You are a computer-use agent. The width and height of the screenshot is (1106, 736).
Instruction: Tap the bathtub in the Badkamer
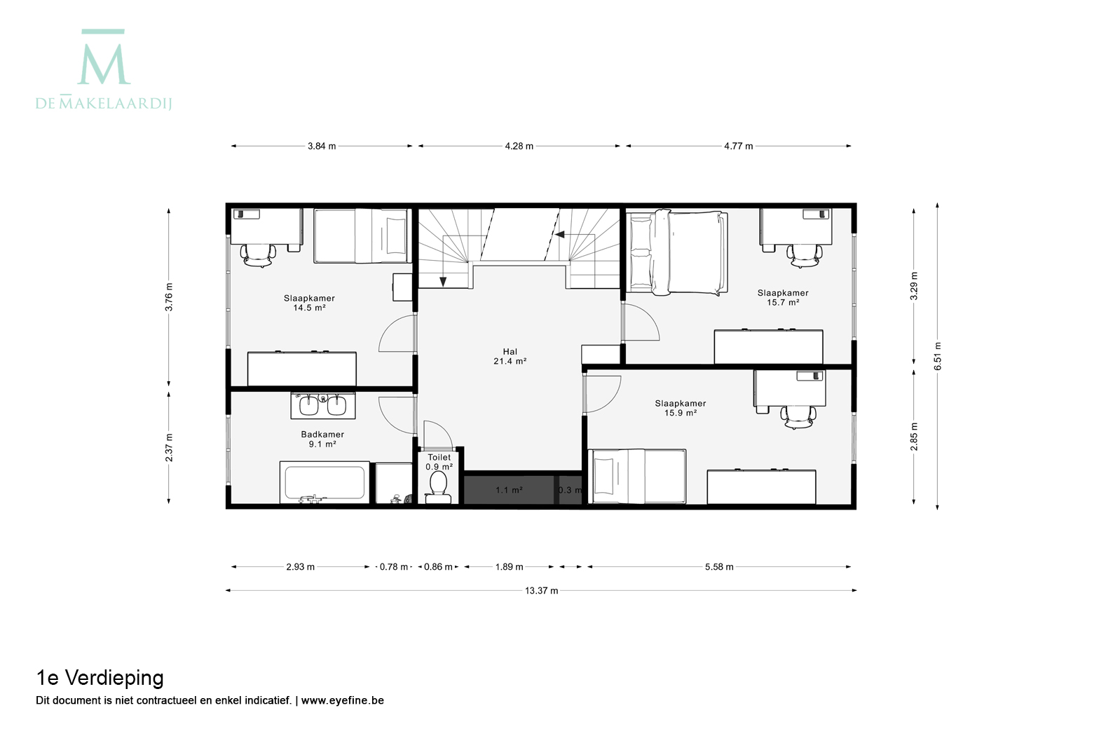(x=325, y=482)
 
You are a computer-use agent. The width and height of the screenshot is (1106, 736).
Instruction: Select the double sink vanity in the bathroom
(x=323, y=406)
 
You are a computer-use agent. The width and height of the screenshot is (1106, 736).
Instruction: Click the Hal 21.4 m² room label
(x=510, y=356)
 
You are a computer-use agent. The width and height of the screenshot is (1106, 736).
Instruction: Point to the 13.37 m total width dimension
(x=541, y=591)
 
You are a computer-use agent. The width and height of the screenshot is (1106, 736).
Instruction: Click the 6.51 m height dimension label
(x=938, y=355)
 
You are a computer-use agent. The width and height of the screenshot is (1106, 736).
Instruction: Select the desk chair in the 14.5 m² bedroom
(x=258, y=255)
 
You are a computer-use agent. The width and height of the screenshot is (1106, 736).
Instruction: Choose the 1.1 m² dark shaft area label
(x=509, y=490)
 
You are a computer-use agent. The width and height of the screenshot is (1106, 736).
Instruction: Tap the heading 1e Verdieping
(x=100, y=678)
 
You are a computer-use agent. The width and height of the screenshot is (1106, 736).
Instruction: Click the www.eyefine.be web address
(x=343, y=700)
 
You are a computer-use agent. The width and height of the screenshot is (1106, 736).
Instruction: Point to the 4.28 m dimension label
(x=519, y=146)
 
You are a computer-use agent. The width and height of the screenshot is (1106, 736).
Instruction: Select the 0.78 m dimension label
(x=393, y=567)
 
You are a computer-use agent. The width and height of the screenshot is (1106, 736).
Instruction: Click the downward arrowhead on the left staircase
(x=443, y=282)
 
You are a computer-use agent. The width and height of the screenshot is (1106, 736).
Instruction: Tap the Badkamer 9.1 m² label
(x=322, y=439)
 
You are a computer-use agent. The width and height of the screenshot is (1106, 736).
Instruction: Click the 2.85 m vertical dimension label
(x=914, y=437)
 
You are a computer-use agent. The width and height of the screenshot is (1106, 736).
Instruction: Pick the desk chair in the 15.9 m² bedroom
(x=798, y=417)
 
